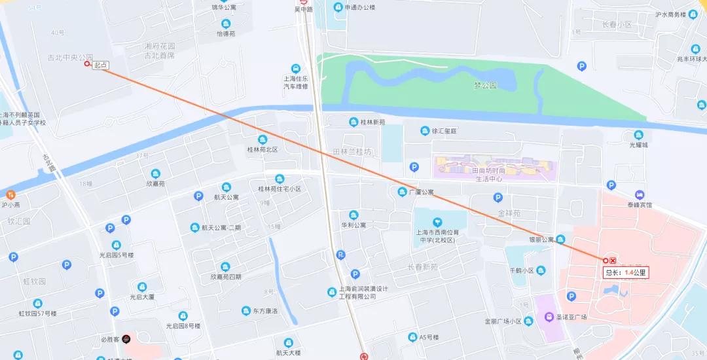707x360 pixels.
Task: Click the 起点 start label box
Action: pyautogui.click(x=100, y=65)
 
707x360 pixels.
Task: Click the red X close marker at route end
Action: pyautogui.click(x=613, y=261)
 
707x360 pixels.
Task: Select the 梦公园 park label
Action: pyautogui.click(x=485, y=86)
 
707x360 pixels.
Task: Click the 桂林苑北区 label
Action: pyautogui.click(x=263, y=150)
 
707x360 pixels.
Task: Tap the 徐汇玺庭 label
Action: pyautogui.click(x=444, y=131)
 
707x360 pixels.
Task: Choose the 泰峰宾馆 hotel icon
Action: pyautogui.click(x=640, y=195)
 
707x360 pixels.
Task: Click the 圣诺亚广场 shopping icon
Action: pyautogui.click(x=549, y=317)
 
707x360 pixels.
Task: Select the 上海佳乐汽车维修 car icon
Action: pyautogui.click(x=296, y=69)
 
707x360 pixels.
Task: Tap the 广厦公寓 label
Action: pyautogui.click(x=421, y=192)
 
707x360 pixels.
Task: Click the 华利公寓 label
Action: pyautogui.click(x=353, y=225)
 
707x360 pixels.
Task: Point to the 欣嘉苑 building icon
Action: pyautogui.click(x=156, y=173)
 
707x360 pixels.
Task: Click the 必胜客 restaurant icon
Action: pyautogui.click(x=126, y=339)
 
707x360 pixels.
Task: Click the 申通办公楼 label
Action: pyautogui.click(x=359, y=8)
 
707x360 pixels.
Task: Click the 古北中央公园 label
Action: pyautogui.click(x=65, y=58)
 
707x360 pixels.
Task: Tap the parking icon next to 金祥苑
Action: pyautogui.click(x=498, y=197)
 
